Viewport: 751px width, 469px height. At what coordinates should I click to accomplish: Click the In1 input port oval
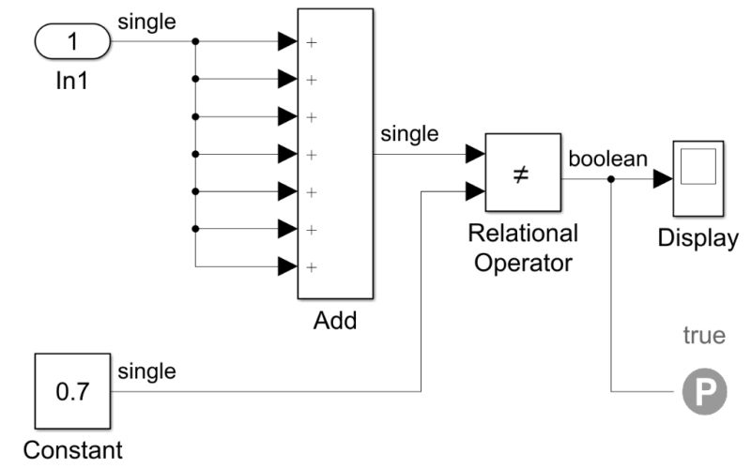click(x=72, y=42)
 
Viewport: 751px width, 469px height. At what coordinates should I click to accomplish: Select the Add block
click(x=335, y=154)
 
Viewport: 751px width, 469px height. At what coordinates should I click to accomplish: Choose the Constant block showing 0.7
click(x=72, y=391)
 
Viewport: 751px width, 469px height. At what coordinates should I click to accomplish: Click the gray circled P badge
click(x=704, y=392)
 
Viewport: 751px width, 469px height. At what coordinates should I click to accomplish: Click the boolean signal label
click(x=607, y=159)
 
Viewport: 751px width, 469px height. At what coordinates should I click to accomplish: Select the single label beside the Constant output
click(x=146, y=372)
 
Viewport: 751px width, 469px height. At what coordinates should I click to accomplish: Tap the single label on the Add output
click(x=409, y=135)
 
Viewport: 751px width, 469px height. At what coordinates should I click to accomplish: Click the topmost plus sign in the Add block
click(x=311, y=42)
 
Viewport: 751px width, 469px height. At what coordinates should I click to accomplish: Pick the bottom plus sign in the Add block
click(x=311, y=266)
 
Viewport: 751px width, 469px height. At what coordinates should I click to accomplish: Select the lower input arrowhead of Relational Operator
click(x=475, y=192)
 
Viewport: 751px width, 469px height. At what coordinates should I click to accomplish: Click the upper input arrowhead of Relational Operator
click(x=475, y=155)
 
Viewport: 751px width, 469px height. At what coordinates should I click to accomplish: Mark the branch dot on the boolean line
click(x=611, y=178)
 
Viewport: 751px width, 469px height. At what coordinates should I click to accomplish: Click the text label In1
click(x=71, y=82)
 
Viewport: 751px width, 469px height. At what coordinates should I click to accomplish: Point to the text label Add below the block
click(x=335, y=321)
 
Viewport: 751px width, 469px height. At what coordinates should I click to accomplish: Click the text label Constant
click(x=72, y=450)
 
